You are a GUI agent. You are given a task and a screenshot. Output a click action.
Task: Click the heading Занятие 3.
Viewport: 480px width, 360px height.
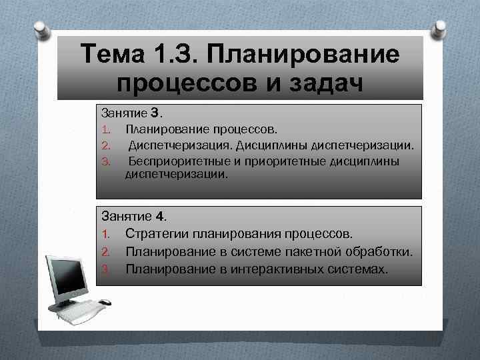132,112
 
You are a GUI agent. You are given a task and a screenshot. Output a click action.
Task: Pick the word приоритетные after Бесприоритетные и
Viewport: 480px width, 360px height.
272,161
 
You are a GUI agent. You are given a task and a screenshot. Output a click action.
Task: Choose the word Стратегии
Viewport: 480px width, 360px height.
156,234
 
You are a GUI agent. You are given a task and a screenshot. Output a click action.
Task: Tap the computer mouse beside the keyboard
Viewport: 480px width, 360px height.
105,303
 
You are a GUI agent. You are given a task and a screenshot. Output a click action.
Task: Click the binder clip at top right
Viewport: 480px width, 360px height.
440,30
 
